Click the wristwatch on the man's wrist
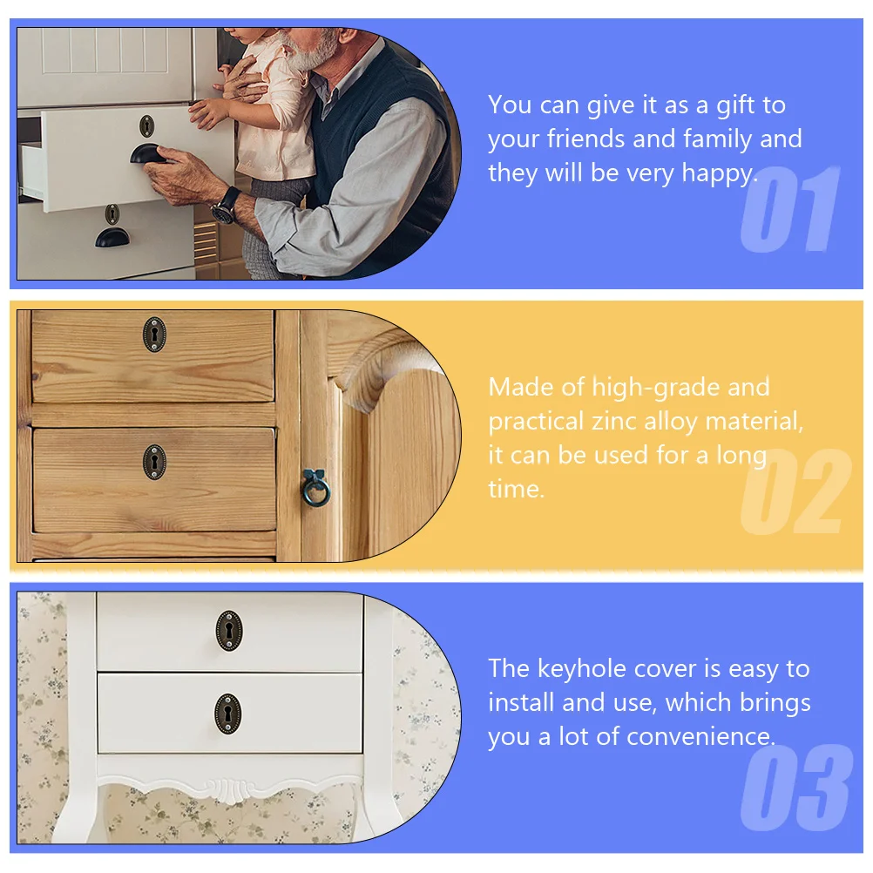226,205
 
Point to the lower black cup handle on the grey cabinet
112,236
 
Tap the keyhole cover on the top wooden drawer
154,334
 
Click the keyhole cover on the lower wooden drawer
154,461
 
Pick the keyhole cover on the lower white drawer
229,714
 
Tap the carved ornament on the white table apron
228,789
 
